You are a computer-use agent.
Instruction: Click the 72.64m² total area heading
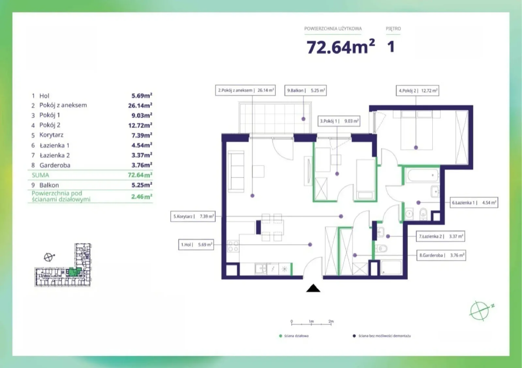[341, 47]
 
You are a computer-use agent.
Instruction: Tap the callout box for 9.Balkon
[305, 90]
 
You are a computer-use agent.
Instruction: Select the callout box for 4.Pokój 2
[417, 91]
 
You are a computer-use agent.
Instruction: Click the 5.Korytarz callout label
[193, 216]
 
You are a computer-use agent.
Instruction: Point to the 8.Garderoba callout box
[441, 255]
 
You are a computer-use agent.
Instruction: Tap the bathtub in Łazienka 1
[422, 175]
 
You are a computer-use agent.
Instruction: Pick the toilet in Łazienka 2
[381, 249]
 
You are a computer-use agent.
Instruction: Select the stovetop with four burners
[233, 246]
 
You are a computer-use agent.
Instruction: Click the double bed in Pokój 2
[416, 130]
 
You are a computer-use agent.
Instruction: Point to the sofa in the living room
[236, 171]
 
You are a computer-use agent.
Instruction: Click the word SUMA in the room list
[40, 175]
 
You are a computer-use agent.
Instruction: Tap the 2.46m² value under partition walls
[142, 197]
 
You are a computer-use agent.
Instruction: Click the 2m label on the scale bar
[331, 321]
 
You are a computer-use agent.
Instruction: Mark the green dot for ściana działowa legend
[281, 336]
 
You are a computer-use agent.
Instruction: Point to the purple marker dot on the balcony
[303, 119]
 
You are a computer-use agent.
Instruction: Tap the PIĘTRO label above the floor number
[393, 29]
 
